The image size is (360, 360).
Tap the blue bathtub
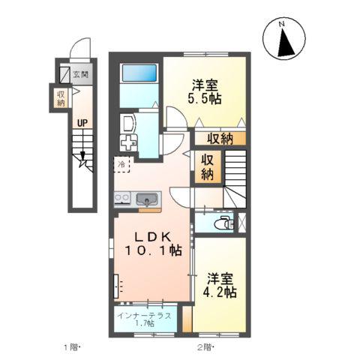[x=139, y=73]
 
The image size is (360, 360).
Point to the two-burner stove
[x=122, y=199]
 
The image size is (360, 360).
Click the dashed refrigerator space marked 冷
[x=122, y=164]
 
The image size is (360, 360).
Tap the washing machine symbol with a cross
[x=128, y=143]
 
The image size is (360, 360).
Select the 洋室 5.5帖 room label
[x=205, y=92]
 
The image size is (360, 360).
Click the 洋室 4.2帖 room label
[x=220, y=285]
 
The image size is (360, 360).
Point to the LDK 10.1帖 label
[x=153, y=244]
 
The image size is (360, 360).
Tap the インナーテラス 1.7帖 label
[x=144, y=319]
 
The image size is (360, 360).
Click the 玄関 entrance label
[x=81, y=74]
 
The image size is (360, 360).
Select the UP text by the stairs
[x=82, y=123]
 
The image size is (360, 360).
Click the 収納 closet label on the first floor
[x=61, y=98]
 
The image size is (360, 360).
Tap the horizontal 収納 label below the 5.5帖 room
[x=220, y=139]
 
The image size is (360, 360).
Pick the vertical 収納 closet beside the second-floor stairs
[x=208, y=166]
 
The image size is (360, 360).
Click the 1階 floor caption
[x=71, y=347]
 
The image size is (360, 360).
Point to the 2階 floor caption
[x=205, y=347]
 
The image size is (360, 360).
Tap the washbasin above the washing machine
[x=128, y=124]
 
